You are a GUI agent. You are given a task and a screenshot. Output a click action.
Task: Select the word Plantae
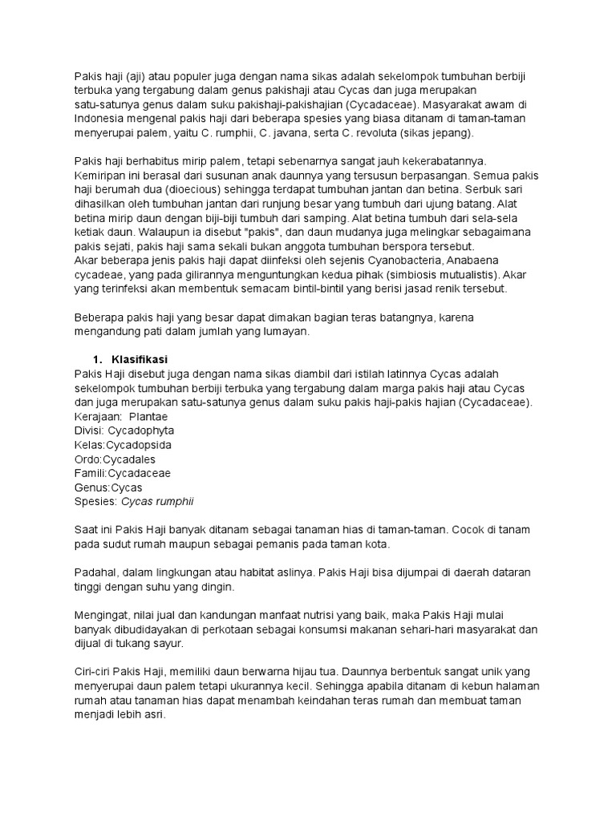pos(148,415)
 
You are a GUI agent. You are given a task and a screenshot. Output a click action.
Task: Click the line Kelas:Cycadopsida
pos(123,444)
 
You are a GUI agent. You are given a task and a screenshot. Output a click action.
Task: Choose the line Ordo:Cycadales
pos(115,459)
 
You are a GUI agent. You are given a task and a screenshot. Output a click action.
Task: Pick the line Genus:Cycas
pos(108,487)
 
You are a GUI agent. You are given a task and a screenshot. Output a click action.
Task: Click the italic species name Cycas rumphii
pos(158,502)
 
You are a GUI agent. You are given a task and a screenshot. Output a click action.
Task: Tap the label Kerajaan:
pos(97,415)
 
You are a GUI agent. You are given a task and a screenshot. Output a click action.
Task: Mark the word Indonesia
pos(102,119)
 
